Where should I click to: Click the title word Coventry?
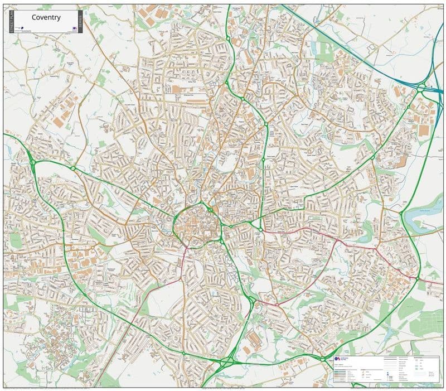pos(46,17)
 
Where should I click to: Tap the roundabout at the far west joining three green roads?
pos(33,162)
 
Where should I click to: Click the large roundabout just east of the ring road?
pos(259,229)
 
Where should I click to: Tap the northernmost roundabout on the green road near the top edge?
pos(228,38)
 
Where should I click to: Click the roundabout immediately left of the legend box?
pos(322,359)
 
